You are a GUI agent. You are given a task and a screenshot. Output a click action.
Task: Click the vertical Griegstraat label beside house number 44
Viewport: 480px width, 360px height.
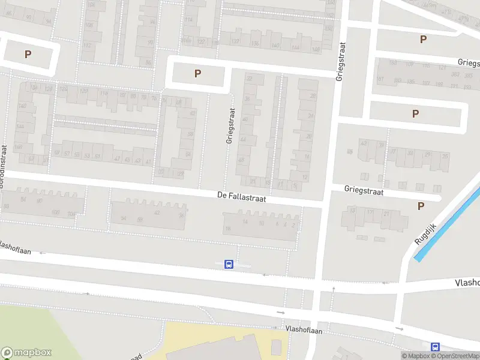229,125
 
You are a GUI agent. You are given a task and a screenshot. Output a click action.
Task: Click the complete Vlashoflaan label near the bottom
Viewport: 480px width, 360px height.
304,330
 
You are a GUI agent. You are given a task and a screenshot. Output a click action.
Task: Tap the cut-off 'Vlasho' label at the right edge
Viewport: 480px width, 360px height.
467,283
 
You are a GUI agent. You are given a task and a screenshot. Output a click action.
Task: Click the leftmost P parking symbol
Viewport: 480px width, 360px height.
28,54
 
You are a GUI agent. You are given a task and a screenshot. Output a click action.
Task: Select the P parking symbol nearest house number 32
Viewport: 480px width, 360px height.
197,74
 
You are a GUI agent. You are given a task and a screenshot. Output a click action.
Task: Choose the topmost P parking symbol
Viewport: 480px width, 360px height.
423,39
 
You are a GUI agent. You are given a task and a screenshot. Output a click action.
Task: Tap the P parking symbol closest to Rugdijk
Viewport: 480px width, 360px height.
421,206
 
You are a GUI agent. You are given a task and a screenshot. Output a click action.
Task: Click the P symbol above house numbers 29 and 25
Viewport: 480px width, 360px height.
415,113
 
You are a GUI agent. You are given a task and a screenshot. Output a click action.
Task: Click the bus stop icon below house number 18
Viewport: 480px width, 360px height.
229,264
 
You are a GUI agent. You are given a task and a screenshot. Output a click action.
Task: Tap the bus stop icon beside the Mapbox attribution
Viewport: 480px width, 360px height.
436,347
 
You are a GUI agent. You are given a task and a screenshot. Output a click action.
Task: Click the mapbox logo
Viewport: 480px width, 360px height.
26,353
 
